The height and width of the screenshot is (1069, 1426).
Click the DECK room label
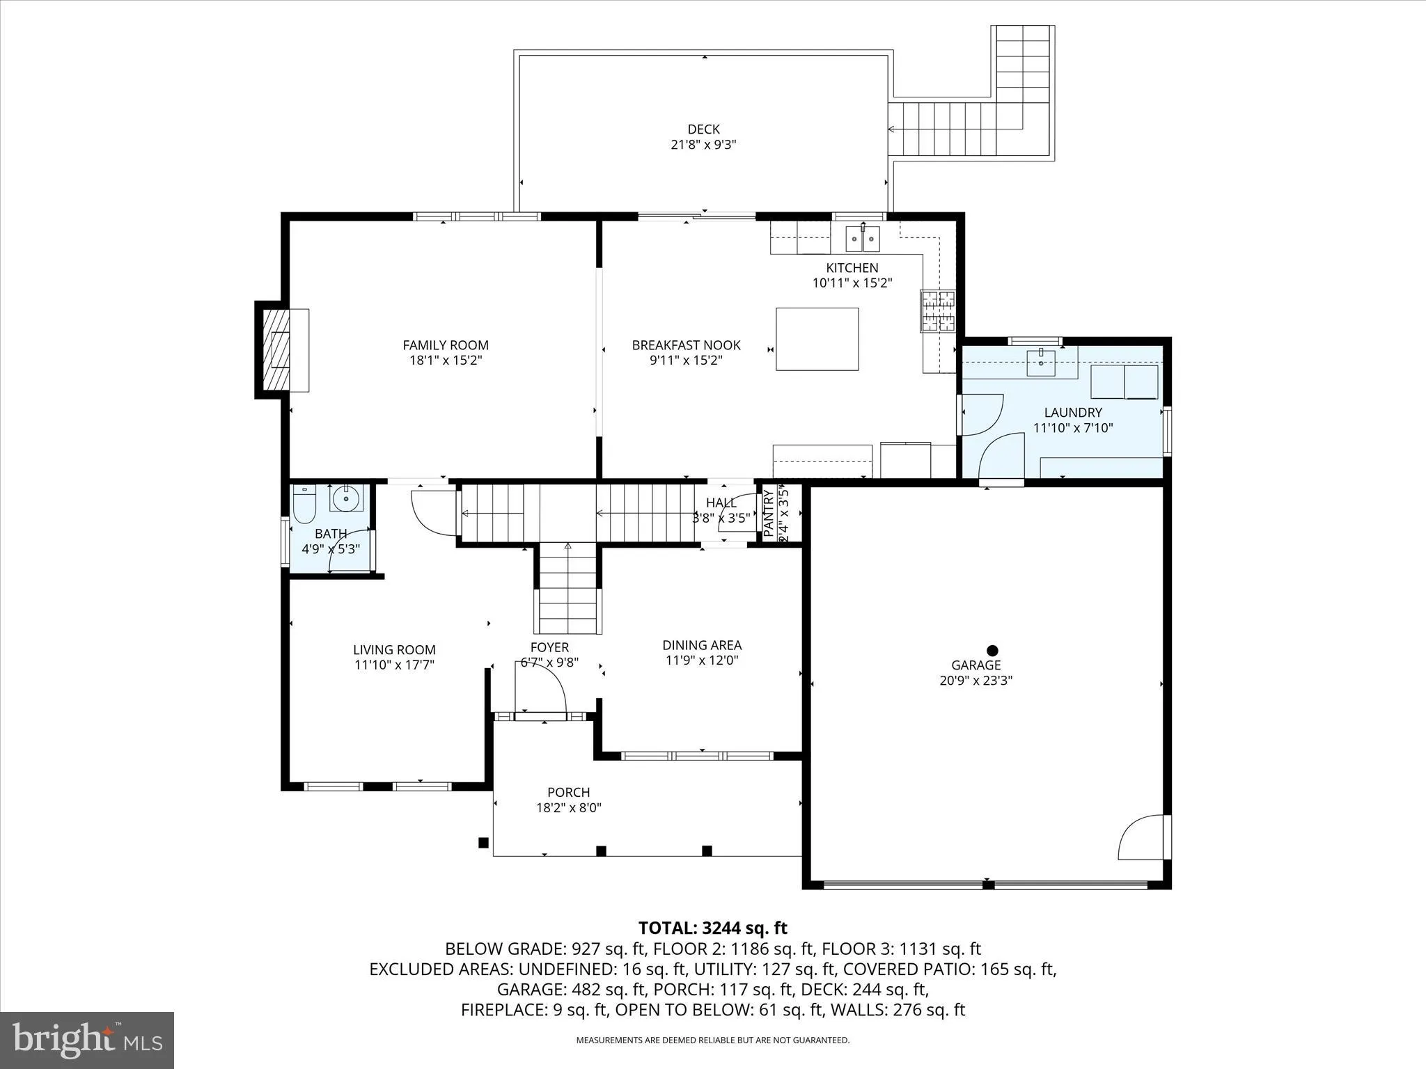point(703,129)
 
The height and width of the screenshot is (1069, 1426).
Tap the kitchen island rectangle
point(817,339)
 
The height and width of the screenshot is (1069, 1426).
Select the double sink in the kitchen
point(863,239)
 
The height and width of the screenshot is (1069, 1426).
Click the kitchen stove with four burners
point(937,311)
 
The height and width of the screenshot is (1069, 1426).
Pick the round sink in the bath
point(345,498)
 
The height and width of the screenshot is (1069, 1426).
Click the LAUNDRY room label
point(1072,413)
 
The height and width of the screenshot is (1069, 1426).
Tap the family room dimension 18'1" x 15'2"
point(446,361)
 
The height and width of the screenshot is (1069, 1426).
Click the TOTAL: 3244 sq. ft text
point(712,928)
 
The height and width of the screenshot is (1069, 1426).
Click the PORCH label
point(568,792)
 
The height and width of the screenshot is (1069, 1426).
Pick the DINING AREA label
point(701,645)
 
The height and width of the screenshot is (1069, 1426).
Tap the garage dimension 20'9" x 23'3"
point(976,681)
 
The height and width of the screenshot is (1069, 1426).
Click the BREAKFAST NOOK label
point(686,345)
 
